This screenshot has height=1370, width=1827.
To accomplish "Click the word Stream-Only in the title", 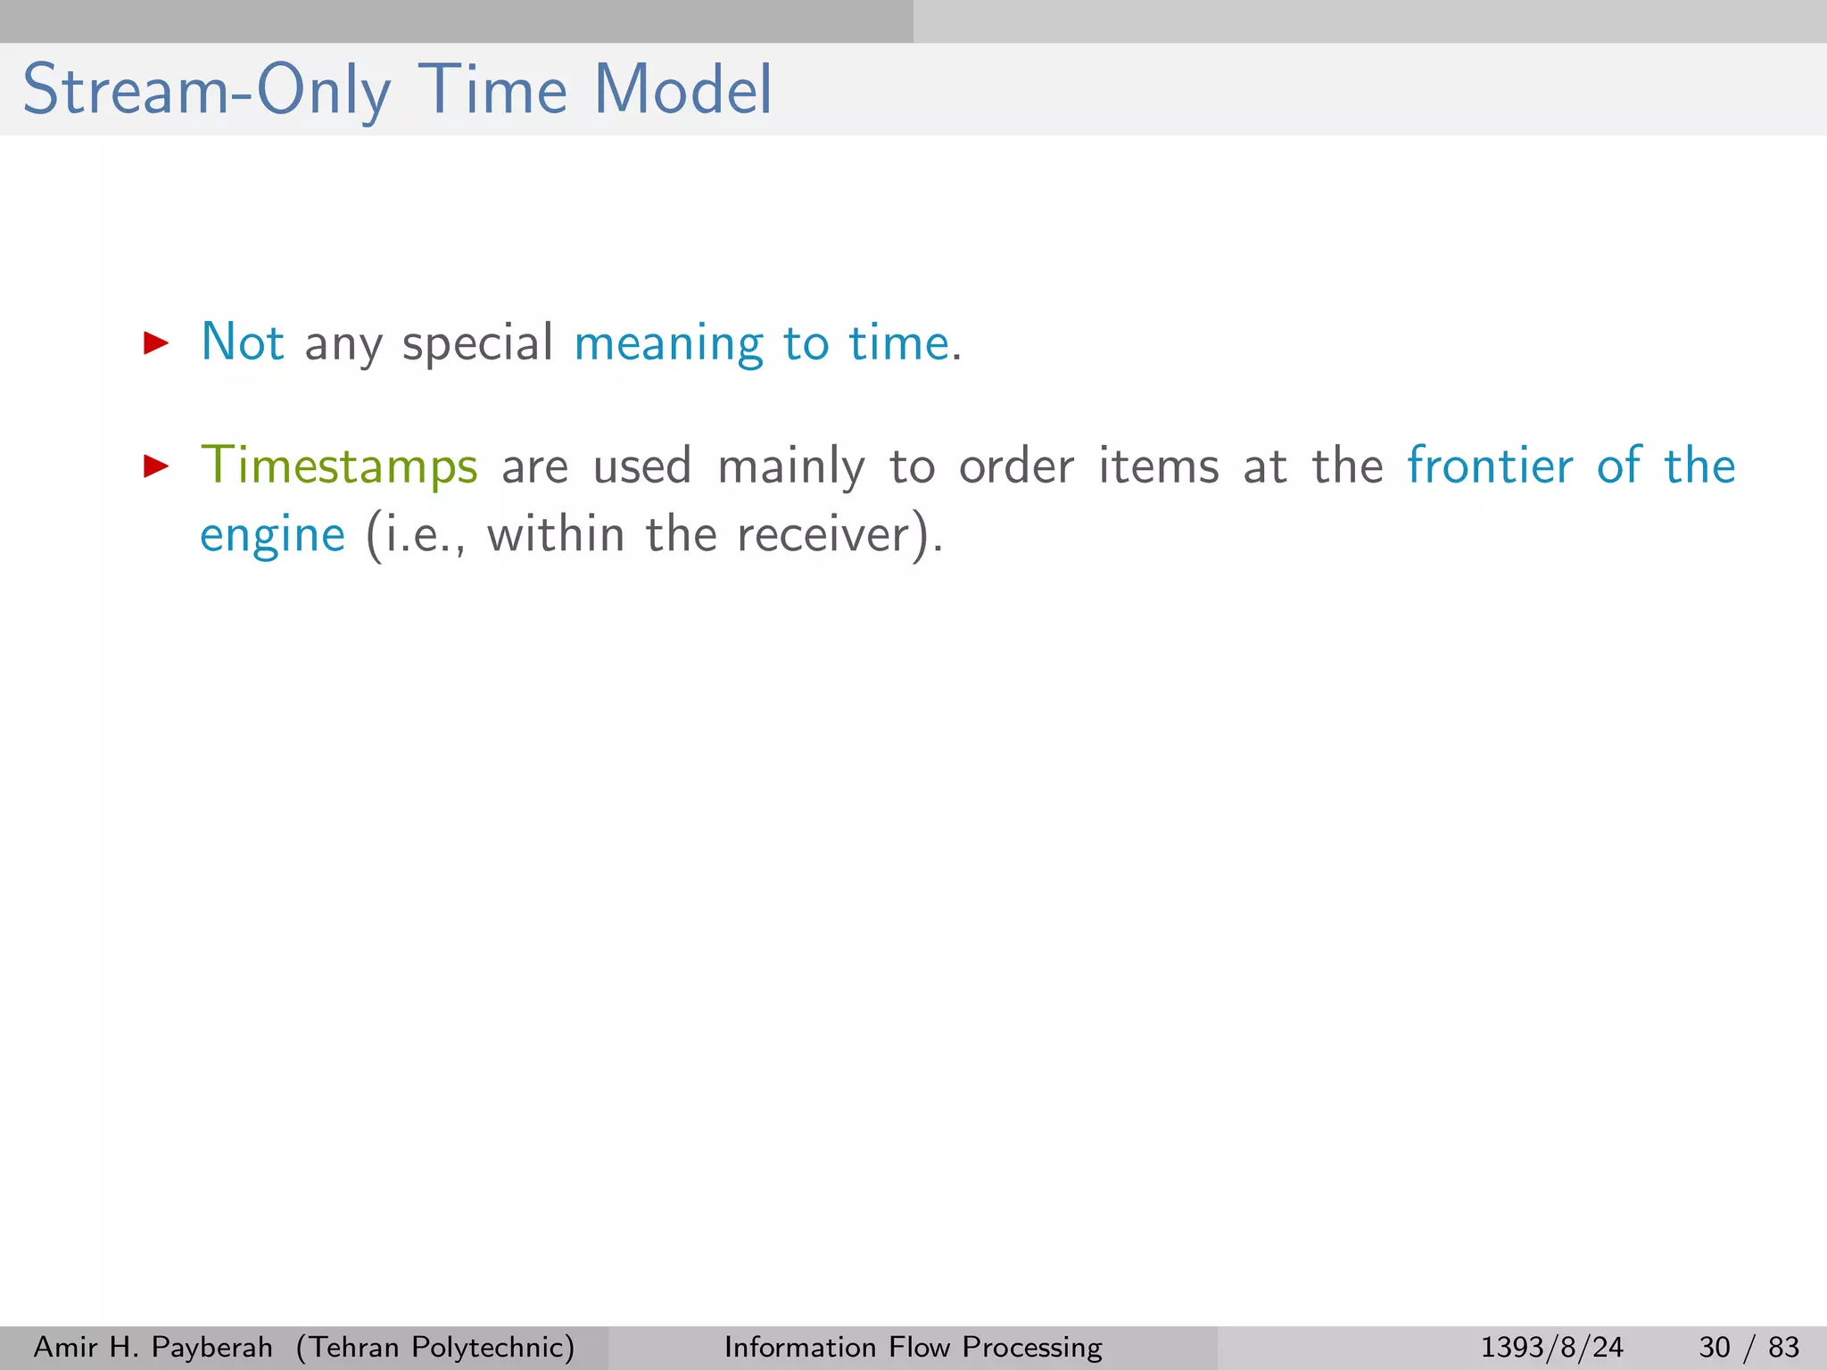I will pos(207,91).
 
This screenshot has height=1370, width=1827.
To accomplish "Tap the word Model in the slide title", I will pos(682,91).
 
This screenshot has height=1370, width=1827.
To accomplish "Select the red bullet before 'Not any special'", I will pos(156,342).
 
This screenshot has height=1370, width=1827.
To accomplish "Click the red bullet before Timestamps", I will pos(156,466).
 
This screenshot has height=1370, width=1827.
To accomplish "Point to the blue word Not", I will pos(243,342).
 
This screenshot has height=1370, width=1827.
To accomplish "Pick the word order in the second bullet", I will pos(1016,466).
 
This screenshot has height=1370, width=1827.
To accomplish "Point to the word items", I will pos(1158,466).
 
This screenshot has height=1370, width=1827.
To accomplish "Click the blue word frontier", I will pos(1490,466).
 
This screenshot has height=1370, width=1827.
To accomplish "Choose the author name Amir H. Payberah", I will pos(153,1347).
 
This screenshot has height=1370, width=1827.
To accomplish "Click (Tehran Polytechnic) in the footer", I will pos(435,1347).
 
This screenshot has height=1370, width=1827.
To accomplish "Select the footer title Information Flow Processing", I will pos(913,1347).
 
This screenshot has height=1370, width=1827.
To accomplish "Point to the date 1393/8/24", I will pos(1551,1347).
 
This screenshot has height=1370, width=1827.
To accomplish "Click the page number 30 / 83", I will pos(1748,1347).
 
